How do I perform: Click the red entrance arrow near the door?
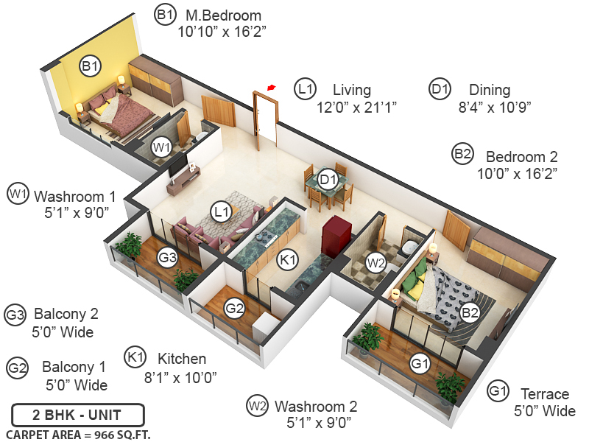pos(272,88)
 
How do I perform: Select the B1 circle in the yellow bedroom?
pos(90,67)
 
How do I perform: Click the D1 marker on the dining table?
pos(328,178)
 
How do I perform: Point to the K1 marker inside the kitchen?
pos(286,259)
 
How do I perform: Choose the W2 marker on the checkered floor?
pos(376,262)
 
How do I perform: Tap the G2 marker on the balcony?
pos(234,309)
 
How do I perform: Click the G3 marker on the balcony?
pos(168,257)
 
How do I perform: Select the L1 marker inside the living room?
pos(221,212)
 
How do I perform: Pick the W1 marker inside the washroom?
pos(161,147)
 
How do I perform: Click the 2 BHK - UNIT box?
pos(78,414)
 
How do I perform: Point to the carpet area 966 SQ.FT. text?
pos(78,434)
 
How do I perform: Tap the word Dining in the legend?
pos(490,90)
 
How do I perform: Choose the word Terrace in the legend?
pos(545,393)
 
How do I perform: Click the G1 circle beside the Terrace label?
pos(498,390)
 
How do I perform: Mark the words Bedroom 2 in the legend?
pos(522,156)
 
